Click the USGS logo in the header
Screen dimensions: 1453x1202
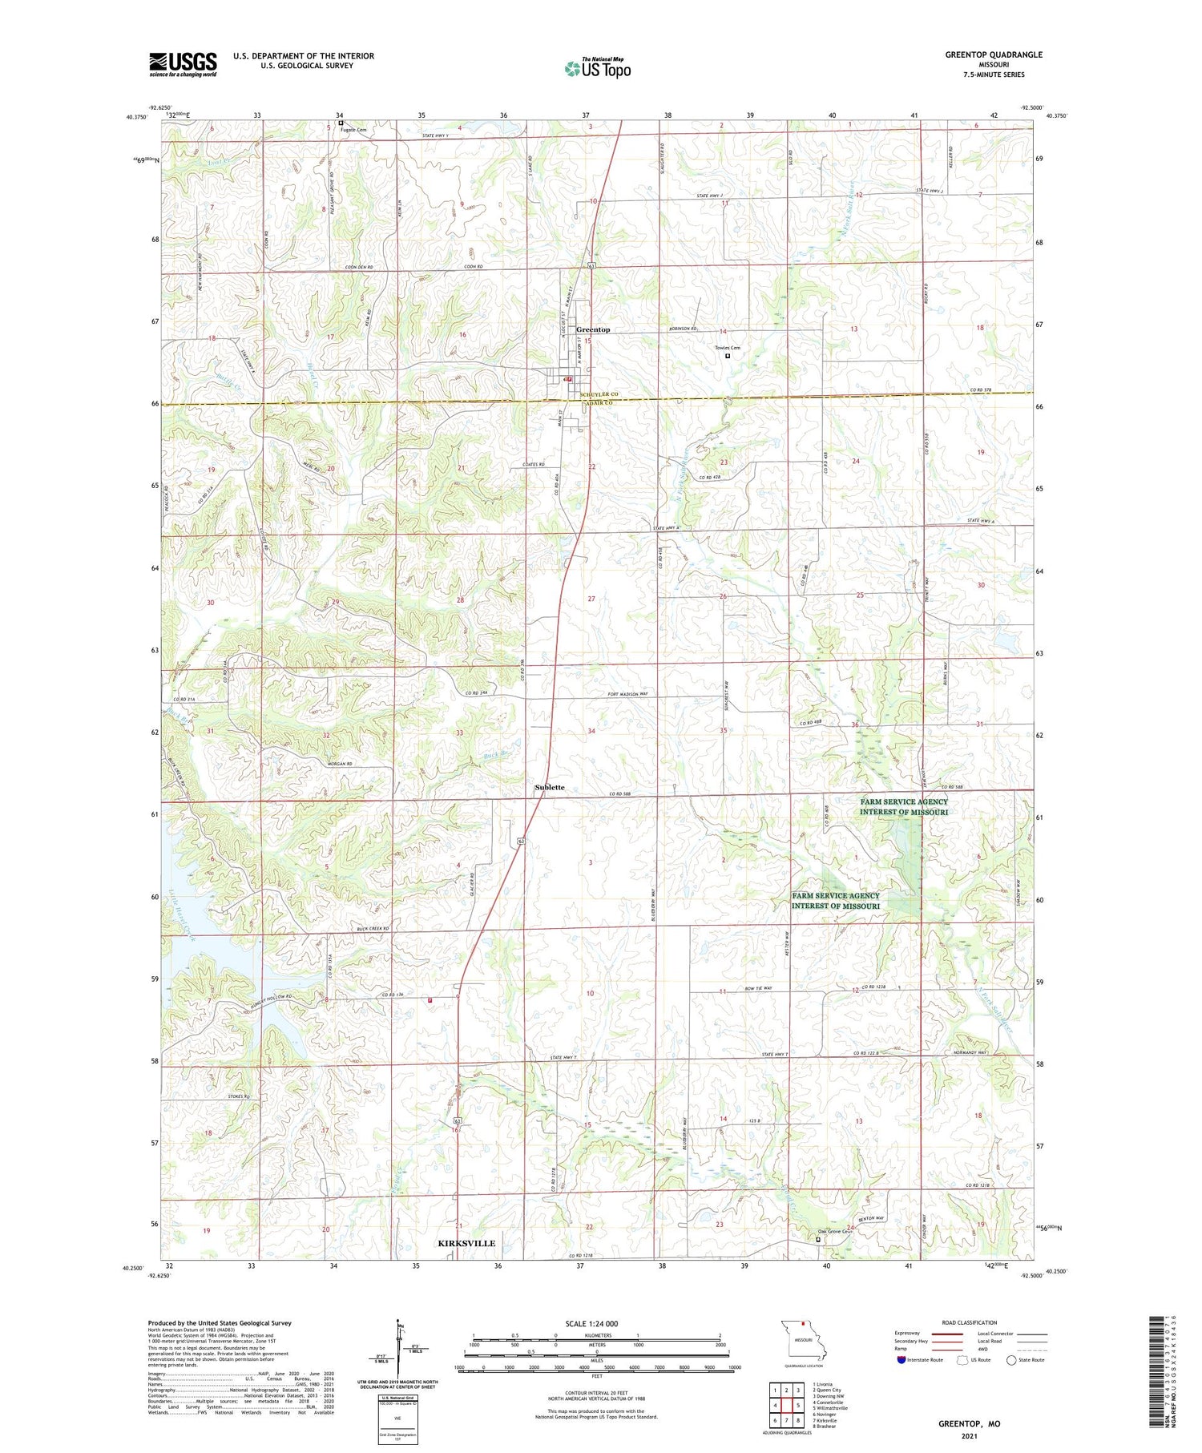coord(183,64)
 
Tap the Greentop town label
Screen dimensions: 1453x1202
coord(593,329)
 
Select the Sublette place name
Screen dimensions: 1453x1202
coord(550,787)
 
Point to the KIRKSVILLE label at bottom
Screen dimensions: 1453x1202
coord(466,1243)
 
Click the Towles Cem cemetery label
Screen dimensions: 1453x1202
coord(728,348)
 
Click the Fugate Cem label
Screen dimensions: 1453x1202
coord(353,130)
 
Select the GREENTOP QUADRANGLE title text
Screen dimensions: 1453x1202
coord(994,54)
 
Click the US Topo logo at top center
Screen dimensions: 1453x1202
coord(597,68)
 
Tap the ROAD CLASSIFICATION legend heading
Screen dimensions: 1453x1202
coord(970,1322)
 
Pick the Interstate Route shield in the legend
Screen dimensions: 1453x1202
coord(901,1359)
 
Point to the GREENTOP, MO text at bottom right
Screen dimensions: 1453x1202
coord(969,1423)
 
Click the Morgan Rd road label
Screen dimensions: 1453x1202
coord(340,764)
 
